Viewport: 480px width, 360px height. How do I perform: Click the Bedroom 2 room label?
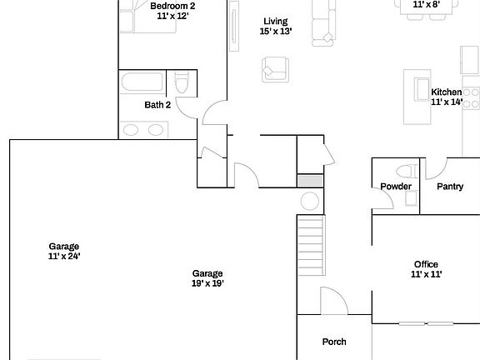(x=172, y=6)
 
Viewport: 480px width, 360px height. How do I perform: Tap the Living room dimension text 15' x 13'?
(x=275, y=32)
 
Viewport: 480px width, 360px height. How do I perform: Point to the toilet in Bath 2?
(x=182, y=84)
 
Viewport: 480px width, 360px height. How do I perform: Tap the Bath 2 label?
(x=157, y=105)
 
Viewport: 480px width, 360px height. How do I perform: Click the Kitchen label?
(x=446, y=92)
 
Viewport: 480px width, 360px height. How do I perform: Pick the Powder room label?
(x=396, y=187)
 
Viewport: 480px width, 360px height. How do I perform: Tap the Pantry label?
(x=450, y=187)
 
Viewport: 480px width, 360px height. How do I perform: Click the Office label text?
(x=426, y=264)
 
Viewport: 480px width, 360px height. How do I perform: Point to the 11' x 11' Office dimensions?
(x=426, y=274)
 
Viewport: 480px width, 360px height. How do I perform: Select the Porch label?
(x=334, y=342)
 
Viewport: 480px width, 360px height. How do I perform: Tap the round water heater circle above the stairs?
(x=309, y=202)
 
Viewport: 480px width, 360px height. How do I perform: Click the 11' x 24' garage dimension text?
(x=64, y=257)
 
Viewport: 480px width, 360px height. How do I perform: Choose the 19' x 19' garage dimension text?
(x=207, y=283)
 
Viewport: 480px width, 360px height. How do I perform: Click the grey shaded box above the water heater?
(x=309, y=181)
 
